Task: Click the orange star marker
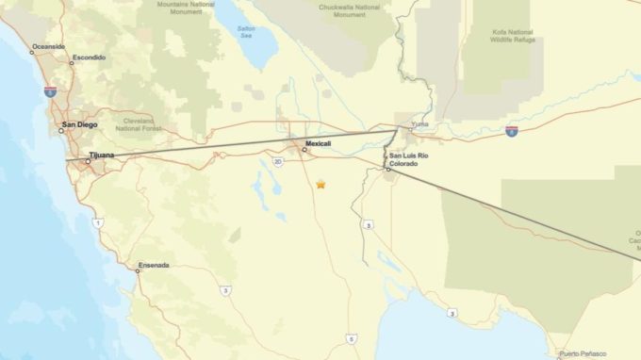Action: tap(320, 185)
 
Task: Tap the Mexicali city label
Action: tap(318, 143)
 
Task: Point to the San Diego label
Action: tap(78, 124)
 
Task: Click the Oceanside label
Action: tap(48, 46)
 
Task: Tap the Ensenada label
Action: tap(153, 265)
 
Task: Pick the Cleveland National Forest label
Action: tap(139, 123)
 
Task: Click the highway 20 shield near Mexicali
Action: tap(278, 161)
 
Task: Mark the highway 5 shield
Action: tap(351, 337)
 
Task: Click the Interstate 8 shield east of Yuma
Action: tap(511, 131)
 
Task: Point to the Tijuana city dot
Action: tap(88, 161)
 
